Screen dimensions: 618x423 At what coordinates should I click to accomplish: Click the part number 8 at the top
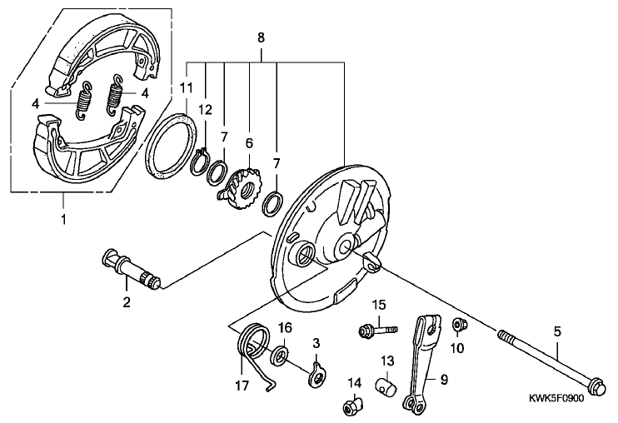[x=261, y=37]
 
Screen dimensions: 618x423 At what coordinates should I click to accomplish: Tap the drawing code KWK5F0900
[x=556, y=399]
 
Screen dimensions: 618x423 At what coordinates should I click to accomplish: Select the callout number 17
[x=242, y=386]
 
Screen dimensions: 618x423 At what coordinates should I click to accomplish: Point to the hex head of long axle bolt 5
[x=596, y=385]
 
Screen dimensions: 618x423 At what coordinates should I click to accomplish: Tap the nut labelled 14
[x=353, y=406]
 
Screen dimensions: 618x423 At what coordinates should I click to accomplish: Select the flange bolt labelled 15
[x=378, y=330]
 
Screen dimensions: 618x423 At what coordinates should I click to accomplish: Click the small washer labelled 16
[x=280, y=355]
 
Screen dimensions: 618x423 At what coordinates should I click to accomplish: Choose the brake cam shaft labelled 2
[x=131, y=271]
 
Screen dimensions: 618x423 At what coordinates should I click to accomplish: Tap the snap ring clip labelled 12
[x=201, y=162]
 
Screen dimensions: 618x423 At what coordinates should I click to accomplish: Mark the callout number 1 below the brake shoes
[x=63, y=219]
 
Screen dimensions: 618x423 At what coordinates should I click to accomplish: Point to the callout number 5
[x=556, y=331]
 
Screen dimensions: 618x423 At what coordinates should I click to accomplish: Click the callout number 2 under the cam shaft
[x=127, y=302]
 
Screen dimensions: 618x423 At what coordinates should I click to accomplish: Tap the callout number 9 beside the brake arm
[x=444, y=380]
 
